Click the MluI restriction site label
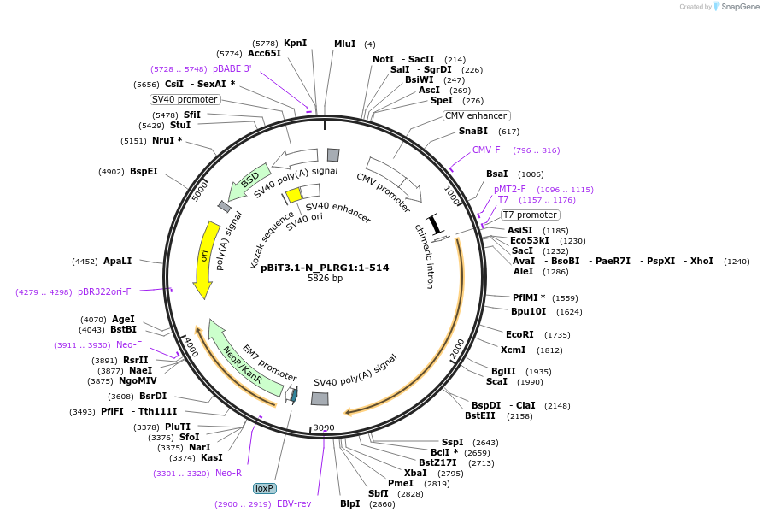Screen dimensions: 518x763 point(344,44)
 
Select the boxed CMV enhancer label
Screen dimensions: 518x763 point(476,115)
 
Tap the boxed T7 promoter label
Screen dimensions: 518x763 point(529,215)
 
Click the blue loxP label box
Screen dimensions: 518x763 point(264,488)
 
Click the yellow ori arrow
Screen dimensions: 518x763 point(203,257)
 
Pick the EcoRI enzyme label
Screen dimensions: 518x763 point(519,335)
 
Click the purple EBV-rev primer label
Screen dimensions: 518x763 point(294,503)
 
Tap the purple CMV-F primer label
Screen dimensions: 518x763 point(486,150)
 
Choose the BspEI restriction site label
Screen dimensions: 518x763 point(144,171)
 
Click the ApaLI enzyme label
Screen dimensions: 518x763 point(118,262)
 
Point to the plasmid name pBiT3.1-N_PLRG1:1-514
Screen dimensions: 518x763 point(325,268)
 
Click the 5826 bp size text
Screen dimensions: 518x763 point(325,279)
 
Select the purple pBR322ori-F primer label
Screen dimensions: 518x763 point(105,291)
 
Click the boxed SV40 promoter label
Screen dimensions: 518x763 point(185,99)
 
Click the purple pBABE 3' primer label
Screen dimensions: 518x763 point(232,68)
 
